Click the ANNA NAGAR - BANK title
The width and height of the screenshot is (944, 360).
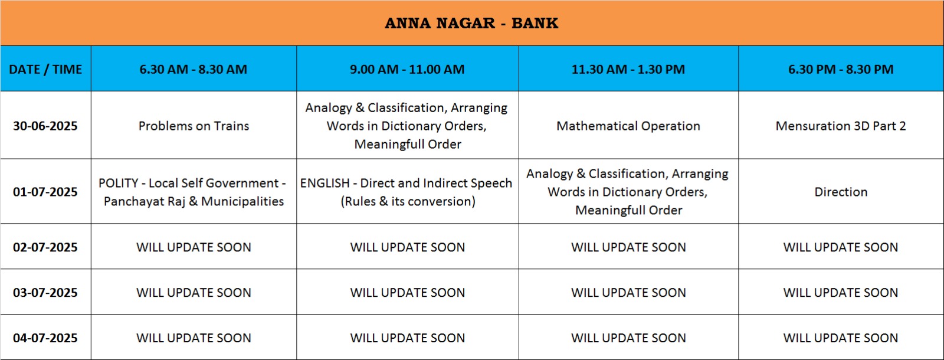tap(471, 23)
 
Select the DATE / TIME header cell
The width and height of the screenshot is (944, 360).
tap(45, 69)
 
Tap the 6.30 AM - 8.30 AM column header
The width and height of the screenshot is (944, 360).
tap(194, 69)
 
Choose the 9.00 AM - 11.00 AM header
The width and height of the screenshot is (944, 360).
tap(407, 69)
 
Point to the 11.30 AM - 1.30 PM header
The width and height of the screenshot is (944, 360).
tap(628, 69)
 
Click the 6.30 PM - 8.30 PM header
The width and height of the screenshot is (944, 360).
tap(841, 69)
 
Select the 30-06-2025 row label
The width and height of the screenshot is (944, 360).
tap(45, 126)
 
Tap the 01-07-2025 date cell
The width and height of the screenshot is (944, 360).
tap(45, 192)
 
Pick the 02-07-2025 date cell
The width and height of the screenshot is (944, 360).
tap(45, 247)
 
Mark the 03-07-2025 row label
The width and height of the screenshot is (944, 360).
tap(45, 293)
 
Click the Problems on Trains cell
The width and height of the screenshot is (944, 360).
tap(194, 126)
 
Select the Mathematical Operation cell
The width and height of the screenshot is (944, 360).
tap(628, 126)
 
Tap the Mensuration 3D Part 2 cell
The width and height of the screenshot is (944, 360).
tap(841, 126)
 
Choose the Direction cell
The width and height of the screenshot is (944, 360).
tap(841, 192)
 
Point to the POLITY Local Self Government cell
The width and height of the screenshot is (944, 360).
tap(194, 192)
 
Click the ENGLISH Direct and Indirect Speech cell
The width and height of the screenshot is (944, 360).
tap(407, 192)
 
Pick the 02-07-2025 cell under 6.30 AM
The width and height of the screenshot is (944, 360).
tap(194, 247)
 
